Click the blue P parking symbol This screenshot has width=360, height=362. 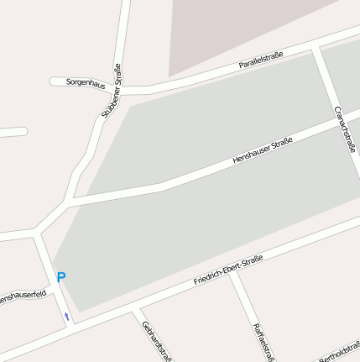point(60,276)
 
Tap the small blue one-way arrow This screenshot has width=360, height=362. point(66,316)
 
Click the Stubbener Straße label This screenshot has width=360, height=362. point(112,91)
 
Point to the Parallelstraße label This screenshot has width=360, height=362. point(261,60)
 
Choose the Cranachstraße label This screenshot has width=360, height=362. point(344,129)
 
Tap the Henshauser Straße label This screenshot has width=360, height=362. point(263,150)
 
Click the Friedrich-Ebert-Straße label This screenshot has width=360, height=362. point(228,268)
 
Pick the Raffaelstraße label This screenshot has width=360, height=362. point(263,341)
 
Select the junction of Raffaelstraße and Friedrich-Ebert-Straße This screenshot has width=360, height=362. point(232,274)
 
